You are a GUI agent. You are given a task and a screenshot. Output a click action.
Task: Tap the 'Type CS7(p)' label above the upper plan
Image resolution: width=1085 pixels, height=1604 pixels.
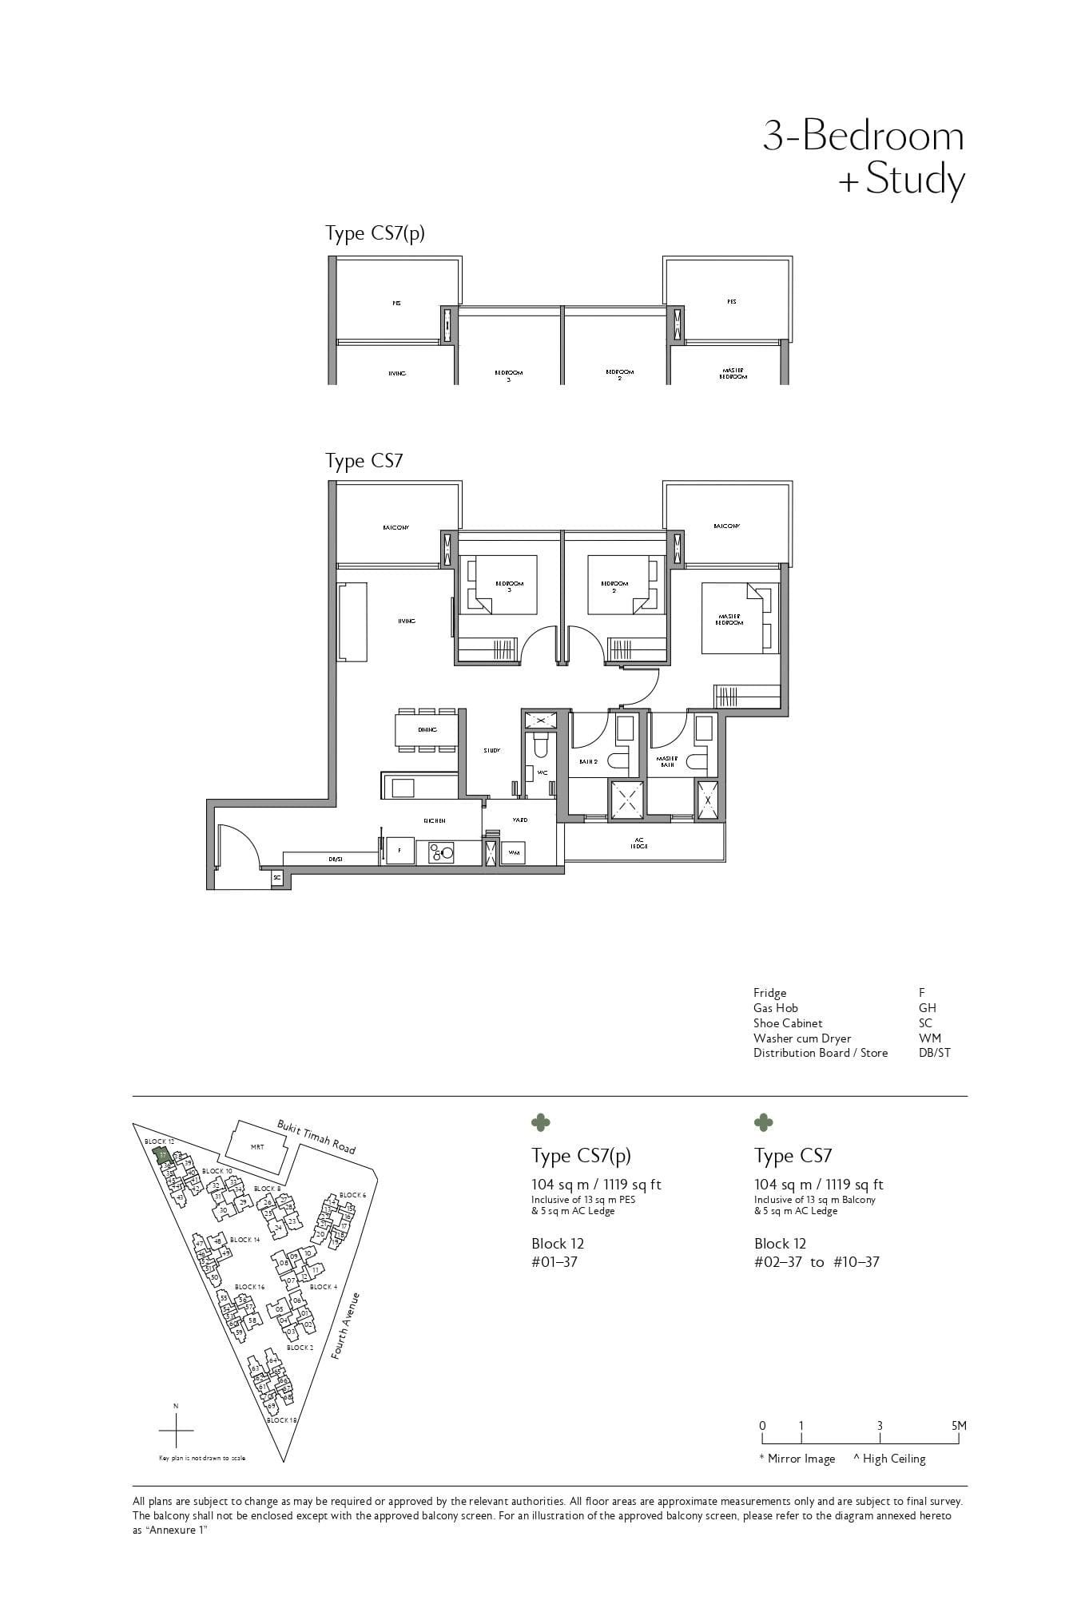point(375,233)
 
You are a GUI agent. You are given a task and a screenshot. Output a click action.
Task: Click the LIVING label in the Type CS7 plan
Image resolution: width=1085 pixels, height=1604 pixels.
point(407,621)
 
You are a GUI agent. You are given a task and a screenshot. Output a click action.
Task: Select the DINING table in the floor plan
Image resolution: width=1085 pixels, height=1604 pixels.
point(427,729)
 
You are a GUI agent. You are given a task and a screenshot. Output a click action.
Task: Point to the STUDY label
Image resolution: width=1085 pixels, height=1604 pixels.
point(491,750)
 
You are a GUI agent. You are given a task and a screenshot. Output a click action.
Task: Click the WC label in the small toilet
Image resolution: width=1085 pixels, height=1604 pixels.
point(542,772)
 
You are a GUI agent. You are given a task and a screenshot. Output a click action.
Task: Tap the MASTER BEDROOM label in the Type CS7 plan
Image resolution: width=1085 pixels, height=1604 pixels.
point(729,619)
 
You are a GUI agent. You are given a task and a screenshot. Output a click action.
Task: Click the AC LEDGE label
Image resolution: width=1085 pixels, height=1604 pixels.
point(639,843)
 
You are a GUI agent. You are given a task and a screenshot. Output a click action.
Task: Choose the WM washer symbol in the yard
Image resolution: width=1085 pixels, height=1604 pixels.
point(515,852)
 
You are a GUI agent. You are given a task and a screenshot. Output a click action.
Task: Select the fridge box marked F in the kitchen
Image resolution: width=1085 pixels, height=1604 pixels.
point(399,851)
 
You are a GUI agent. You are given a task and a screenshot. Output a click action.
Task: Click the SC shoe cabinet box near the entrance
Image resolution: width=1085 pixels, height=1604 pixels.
point(277,877)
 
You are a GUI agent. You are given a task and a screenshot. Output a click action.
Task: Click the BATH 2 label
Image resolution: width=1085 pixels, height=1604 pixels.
point(588,761)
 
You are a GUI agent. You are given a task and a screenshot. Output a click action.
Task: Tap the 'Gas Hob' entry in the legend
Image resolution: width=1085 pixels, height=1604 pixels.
point(775,1008)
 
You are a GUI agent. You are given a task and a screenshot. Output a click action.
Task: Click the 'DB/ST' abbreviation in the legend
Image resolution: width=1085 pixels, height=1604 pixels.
point(934,1053)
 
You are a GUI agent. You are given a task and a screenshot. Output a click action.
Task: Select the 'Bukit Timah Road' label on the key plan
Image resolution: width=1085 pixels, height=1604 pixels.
point(316,1136)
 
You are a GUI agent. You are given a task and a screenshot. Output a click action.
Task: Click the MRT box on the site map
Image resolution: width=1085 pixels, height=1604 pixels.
point(256,1147)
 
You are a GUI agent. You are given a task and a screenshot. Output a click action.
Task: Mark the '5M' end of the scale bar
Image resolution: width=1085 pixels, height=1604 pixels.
point(959,1426)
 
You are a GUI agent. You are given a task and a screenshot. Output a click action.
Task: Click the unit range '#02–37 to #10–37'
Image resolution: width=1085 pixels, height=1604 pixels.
point(816,1262)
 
